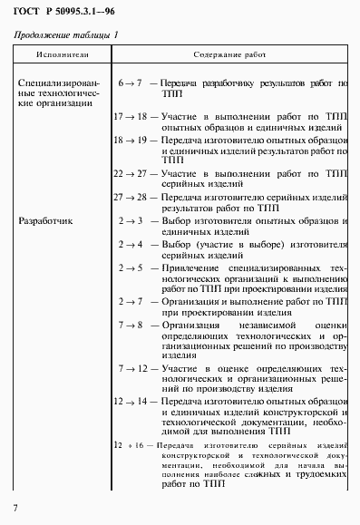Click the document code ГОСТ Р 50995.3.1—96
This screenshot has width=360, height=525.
click(63, 11)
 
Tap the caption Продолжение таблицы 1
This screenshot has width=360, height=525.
click(64, 34)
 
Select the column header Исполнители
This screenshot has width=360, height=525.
click(59, 54)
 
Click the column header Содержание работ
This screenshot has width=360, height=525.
click(229, 54)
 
